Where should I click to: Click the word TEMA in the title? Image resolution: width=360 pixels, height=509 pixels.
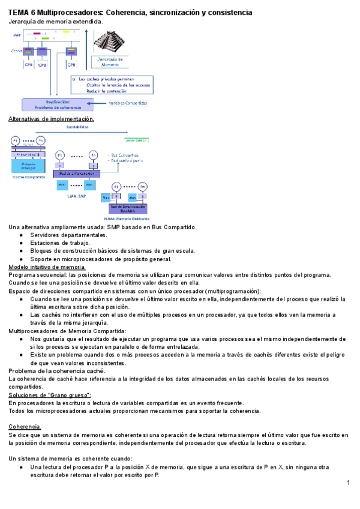click(x=19, y=12)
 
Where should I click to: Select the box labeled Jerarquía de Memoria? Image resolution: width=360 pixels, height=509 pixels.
click(x=110, y=62)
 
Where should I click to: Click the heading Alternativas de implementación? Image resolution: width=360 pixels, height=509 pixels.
click(x=51, y=119)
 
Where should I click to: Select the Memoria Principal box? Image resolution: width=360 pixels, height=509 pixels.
click(x=28, y=166)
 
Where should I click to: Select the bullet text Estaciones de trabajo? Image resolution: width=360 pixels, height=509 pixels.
click(x=59, y=242)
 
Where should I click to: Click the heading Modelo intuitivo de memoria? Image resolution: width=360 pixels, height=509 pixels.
click(x=47, y=267)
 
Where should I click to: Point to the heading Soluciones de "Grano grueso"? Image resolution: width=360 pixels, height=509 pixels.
click(x=49, y=395)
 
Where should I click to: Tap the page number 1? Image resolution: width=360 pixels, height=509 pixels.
click(x=348, y=483)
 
